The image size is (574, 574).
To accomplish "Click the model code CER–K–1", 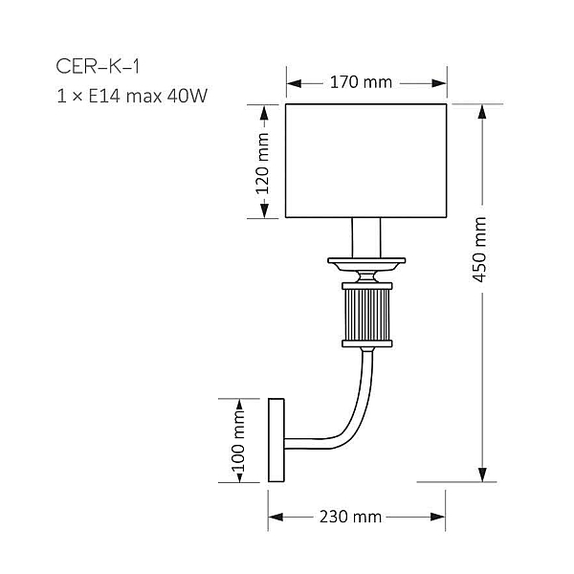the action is tap(98, 67).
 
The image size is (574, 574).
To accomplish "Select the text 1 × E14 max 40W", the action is tap(132, 96).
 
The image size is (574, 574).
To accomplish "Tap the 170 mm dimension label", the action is tap(361, 82).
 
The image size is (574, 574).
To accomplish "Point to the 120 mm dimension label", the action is tap(262, 164).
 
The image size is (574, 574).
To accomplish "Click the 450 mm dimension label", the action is tap(479, 250).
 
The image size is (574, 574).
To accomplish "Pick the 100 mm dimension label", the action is tap(238, 441).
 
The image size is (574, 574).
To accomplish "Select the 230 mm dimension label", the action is tap(351, 517).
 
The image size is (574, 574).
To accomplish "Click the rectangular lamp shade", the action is tap(366, 161).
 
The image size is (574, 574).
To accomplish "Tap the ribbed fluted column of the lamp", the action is tap(366, 315).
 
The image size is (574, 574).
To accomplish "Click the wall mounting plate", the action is tap(276, 440).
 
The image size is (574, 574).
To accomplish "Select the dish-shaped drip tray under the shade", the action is tap(366, 265).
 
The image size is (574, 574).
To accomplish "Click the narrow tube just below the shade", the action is tap(366, 237).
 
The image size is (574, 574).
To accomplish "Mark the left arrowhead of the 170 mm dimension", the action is tap(294, 83).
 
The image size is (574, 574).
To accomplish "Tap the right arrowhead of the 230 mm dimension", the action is tap(438, 517).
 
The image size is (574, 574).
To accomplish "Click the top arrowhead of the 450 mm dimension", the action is tap(482, 112).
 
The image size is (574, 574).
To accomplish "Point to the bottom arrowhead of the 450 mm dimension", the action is tap(482, 475).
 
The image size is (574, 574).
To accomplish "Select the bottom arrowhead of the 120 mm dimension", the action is tap(264, 210).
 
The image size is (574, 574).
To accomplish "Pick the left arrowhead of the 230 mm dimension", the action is tap(276, 517).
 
